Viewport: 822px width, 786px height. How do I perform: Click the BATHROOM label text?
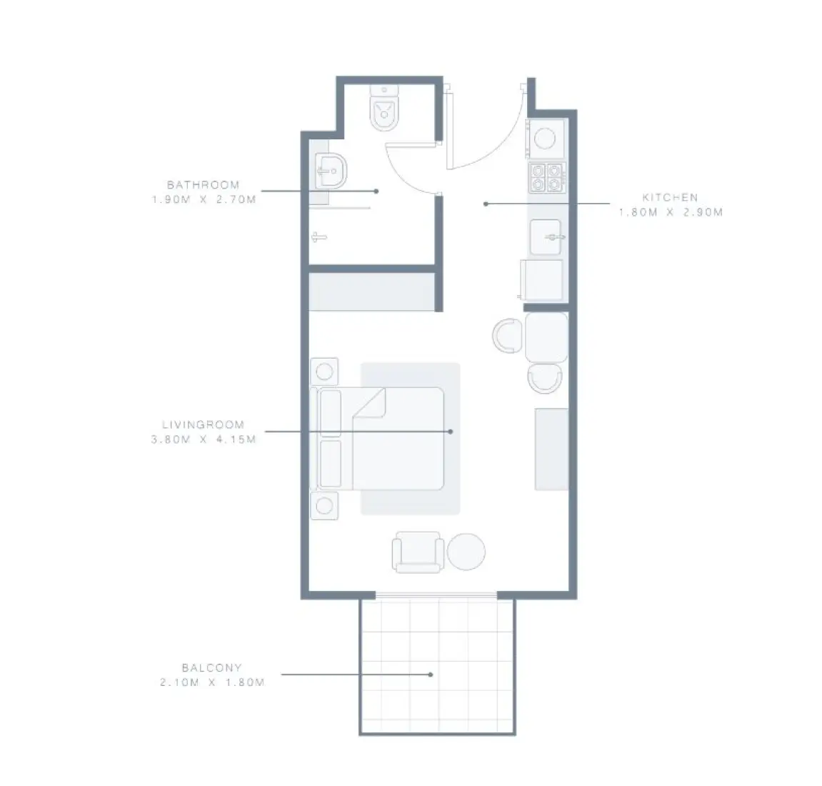203,185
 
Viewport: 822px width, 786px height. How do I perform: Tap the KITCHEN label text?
669,197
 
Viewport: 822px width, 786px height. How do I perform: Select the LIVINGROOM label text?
203,424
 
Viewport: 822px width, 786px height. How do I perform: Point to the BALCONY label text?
211,668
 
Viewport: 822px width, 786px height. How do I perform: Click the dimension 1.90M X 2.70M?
203,200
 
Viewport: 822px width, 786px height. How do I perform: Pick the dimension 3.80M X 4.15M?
203,439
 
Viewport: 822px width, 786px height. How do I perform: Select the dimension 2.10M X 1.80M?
212,683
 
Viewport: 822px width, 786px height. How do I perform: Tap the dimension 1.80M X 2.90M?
670,212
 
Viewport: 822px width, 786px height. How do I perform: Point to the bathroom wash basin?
329,171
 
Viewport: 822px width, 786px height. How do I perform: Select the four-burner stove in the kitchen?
546,177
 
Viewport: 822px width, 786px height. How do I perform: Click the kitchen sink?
546,237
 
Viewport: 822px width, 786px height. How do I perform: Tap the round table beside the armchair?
466,552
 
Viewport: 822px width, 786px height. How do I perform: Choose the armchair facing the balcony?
417,552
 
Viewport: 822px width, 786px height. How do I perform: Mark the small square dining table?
546,337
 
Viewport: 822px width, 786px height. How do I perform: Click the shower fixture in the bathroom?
319,237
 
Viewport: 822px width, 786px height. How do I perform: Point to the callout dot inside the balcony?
431,673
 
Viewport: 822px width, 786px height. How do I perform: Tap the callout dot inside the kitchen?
486,204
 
